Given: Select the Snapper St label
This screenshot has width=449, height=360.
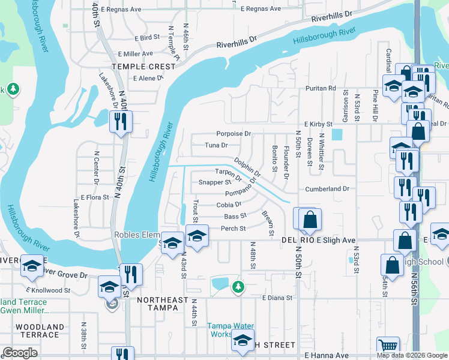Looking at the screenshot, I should pos(214,182).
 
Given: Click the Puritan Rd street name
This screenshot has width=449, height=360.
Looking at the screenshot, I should pos(320,88).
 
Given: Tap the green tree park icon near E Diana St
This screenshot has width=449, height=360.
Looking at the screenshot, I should pos(238,287).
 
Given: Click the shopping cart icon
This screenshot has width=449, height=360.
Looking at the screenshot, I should pos(388,346).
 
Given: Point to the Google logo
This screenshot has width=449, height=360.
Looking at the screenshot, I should pos(20,353).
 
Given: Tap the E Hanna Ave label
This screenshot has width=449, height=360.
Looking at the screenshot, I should pos(327,355).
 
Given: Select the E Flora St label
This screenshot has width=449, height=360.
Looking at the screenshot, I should pos(91,197).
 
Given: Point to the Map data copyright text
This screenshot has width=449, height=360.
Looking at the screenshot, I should pos(411,355).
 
